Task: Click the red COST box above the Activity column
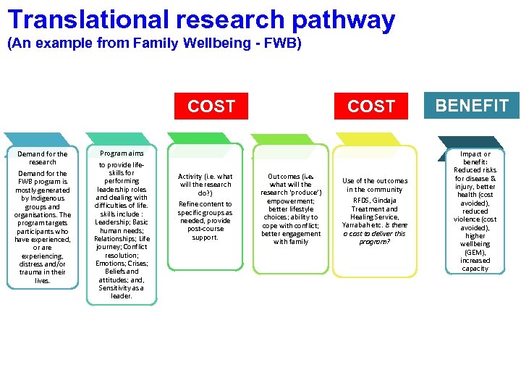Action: coord(211,106)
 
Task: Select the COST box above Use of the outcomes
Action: coord(371,106)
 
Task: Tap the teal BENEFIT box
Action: coord(472,106)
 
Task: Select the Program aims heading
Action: coord(122,154)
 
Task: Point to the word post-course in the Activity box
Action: coord(205,229)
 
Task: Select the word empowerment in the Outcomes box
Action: coord(290,201)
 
